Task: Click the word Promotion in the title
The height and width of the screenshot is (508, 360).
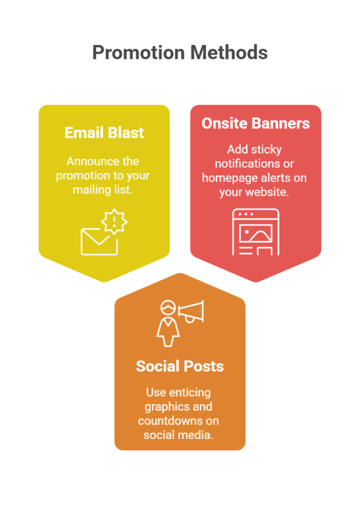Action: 139,53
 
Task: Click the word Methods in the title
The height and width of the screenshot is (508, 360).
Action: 229,53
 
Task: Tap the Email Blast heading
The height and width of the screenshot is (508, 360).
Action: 104,133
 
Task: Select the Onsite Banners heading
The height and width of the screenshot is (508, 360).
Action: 256,124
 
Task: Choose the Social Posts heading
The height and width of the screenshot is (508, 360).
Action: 180,367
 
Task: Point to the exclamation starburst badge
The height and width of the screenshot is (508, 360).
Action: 114,222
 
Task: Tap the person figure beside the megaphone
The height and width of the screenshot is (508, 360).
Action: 168,324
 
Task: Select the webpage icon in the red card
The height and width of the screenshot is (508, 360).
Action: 256,232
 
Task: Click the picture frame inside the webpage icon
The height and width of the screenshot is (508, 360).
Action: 256,234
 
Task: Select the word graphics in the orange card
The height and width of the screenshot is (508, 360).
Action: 162,407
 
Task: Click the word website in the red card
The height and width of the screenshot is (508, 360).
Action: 267,192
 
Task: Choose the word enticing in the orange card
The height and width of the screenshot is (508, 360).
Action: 190,393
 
